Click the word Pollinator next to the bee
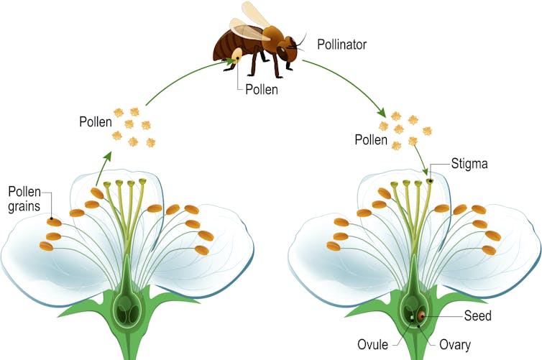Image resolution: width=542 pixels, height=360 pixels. (x=341, y=45)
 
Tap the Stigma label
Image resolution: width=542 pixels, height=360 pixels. (x=470, y=164)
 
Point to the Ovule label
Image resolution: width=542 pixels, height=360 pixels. (x=373, y=343)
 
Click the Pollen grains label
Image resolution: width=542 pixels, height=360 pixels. (x=24, y=199)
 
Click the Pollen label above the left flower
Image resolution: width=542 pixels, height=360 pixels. (x=96, y=121)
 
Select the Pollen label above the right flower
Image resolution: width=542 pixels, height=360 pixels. (x=371, y=139)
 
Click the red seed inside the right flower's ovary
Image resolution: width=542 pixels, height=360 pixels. (x=421, y=316)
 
